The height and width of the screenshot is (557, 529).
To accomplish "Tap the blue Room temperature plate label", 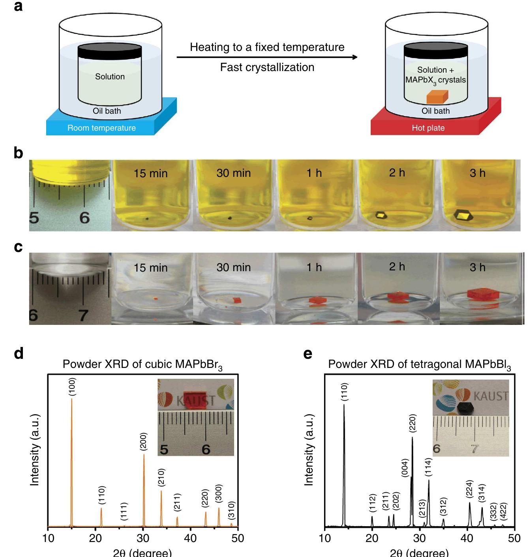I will [x=101, y=128].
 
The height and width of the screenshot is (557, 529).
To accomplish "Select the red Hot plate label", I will [x=428, y=128].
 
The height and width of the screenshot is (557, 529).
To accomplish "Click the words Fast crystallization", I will [x=267, y=68].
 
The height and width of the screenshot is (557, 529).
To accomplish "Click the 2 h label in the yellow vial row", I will [x=397, y=173].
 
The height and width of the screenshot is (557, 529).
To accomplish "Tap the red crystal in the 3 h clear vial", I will [x=481, y=294].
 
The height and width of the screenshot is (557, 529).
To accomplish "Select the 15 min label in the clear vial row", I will [x=150, y=268].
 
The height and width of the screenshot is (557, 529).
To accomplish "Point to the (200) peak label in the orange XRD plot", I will [x=143, y=442].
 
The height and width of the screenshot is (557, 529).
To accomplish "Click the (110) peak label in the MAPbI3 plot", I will [x=345, y=392].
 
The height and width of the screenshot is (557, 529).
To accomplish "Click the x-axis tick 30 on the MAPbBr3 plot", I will [x=143, y=538].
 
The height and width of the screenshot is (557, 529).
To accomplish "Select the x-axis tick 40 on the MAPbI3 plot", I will [x=467, y=538].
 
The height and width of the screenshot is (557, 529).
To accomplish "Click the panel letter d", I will [x=19, y=353].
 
